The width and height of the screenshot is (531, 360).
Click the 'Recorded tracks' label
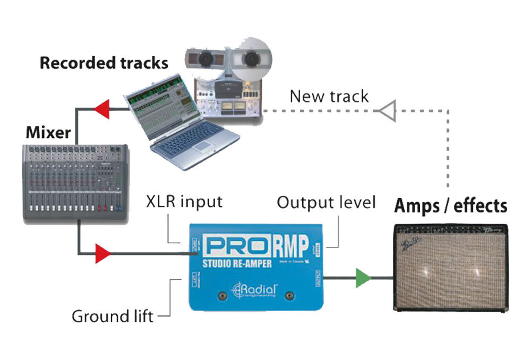point(104,63)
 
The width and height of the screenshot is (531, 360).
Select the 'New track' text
point(329,97)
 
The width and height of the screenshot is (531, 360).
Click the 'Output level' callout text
point(326,202)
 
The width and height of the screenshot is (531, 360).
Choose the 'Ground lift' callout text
point(113,316)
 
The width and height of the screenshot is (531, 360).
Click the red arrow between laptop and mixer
point(101,109)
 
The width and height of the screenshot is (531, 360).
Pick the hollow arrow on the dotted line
point(386,110)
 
